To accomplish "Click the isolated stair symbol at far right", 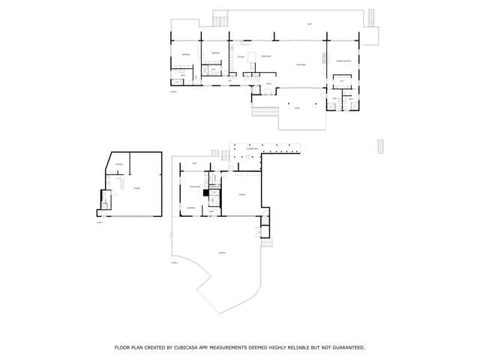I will point(380,146).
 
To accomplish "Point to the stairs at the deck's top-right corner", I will point(370,17).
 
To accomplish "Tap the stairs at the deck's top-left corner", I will point(220,19).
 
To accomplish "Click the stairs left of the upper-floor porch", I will point(265,112).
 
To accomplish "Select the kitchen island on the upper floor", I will point(252,56).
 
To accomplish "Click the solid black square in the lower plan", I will point(205,192).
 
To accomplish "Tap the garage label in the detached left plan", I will point(136,189).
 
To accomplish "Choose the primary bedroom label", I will point(343,60).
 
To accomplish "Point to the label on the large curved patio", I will point(222,253).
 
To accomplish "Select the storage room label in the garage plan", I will point(118,164).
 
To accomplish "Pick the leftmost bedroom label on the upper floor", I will point(185,54).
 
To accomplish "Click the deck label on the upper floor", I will point(309,25).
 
